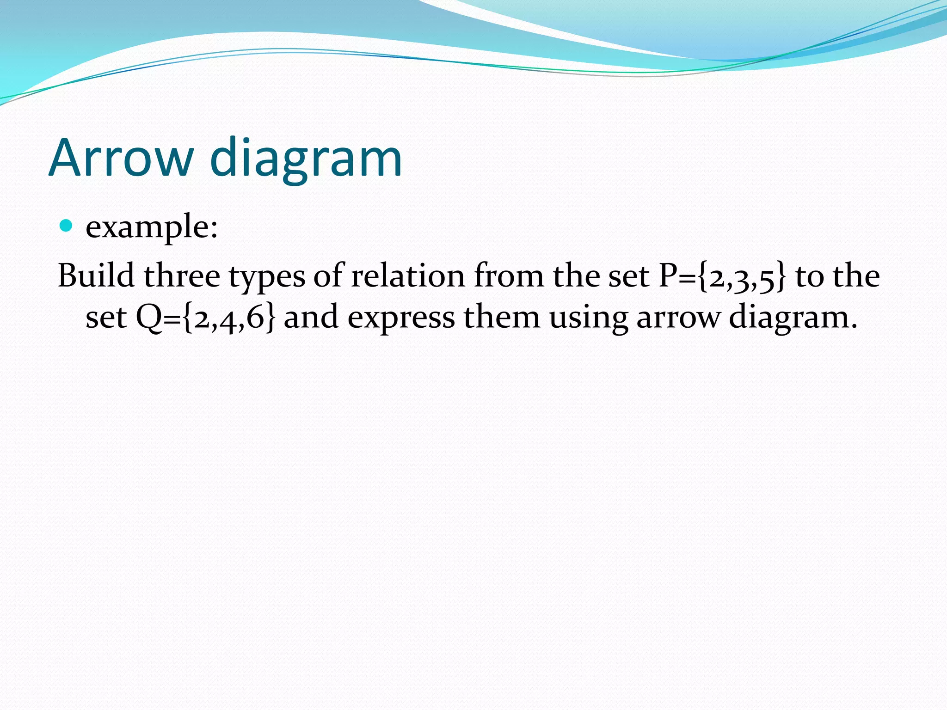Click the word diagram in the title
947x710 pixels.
pos(306,158)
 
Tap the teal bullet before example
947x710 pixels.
pos(67,226)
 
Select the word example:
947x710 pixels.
pos(151,227)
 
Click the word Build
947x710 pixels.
pos(96,276)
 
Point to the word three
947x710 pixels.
pos(182,276)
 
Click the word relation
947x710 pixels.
pos(408,276)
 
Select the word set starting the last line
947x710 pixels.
pos(106,318)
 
